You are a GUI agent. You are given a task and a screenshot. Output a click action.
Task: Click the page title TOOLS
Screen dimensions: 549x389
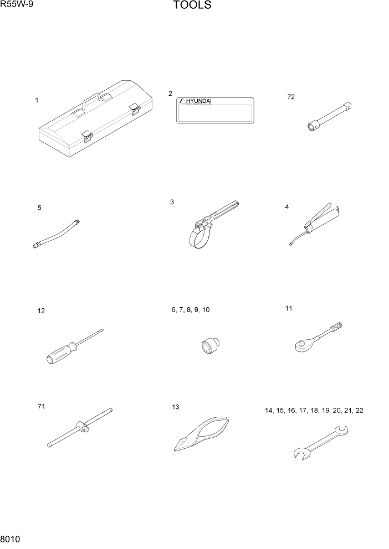tap(192, 6)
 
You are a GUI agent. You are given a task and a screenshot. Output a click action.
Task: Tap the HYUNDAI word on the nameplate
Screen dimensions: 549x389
tap(198, 101)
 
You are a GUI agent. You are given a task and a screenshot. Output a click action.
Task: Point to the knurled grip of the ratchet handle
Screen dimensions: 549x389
tap(336, 330)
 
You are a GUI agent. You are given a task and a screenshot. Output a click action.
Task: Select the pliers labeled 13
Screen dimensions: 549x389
tap(202, 435)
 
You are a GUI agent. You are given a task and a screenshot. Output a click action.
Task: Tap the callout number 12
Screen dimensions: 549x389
tap(41, 311)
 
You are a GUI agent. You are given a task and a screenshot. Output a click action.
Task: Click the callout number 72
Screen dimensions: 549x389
tap(291, 97)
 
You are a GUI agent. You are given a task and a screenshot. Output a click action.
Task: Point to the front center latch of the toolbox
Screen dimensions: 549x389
tap(86, 135)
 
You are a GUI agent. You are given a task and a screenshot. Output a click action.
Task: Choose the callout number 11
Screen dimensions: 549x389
tap(288, 308)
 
